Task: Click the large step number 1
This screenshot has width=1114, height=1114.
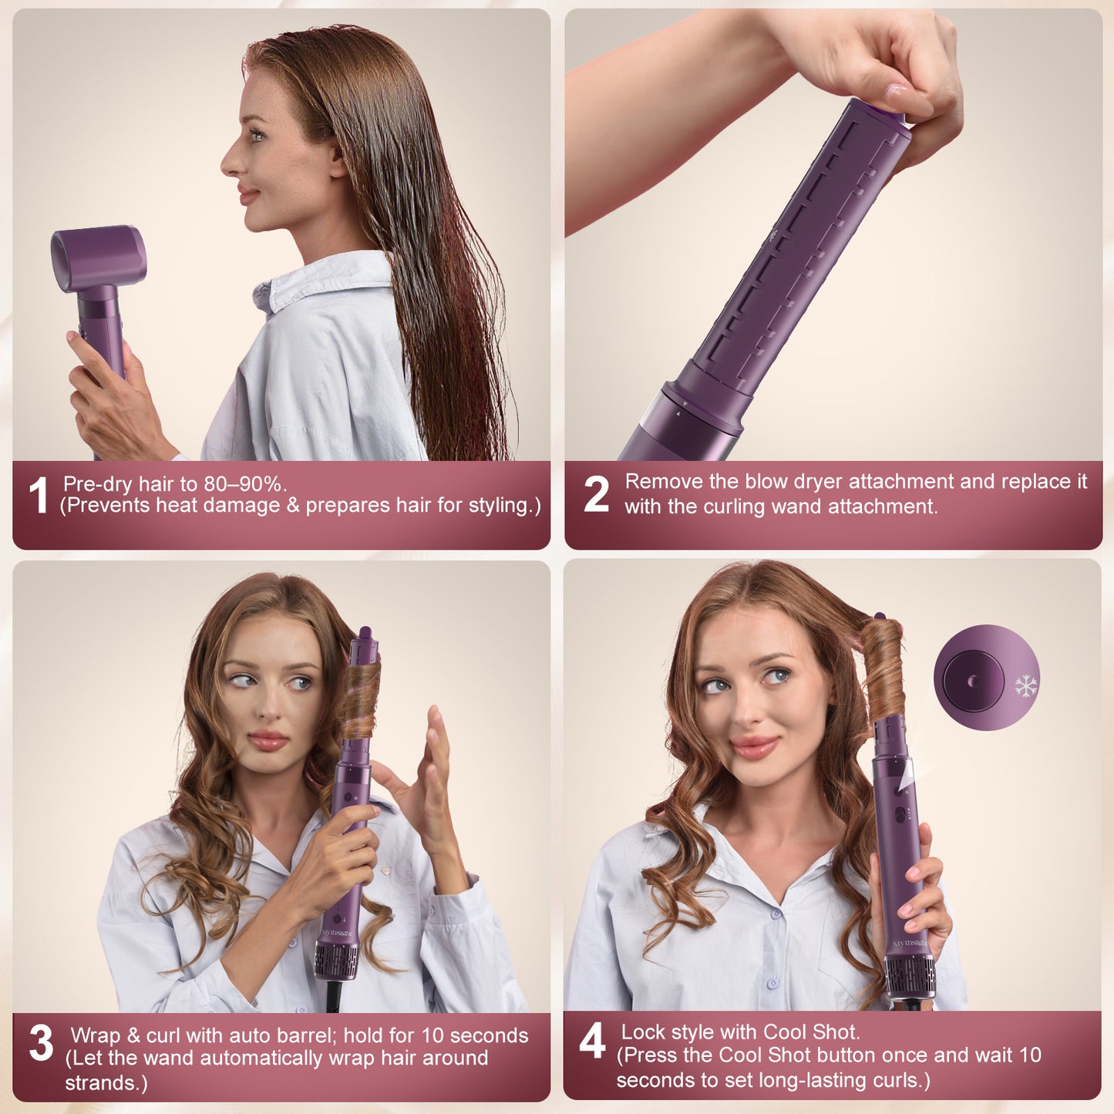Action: pyautogui.click(x=38, y=495)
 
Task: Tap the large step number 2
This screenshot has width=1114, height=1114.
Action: pyautogui.click(x=596, y=494)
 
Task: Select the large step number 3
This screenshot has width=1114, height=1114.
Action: pyautogui.click(x=41, y=1043)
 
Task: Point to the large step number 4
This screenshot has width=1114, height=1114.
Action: pyautogui.click(x=592, y=1042)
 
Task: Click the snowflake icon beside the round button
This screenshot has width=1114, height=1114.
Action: pyautogui.click(x=1025, y=685)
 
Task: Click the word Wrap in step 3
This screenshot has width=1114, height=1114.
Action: pyautogui.click(x=96, y=1035)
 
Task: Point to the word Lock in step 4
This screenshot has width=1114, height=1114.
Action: pyautogui.click(x=643, y=1032)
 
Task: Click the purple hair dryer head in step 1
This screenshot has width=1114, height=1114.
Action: pyautogui.click(x=98, y=257)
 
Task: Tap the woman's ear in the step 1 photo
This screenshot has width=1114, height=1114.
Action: pyautogui.click(x=338, y=160)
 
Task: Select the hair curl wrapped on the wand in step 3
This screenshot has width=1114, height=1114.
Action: pyautogui.click(x=361, y=698)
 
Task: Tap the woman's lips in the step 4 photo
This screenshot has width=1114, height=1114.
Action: pyautogui.click(x=755, y=746)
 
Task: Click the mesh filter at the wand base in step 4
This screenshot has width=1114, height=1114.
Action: pyautogui.click(x=910, y=976)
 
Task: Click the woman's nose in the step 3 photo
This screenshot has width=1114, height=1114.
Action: pyautogui.click(x=272, y=708)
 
